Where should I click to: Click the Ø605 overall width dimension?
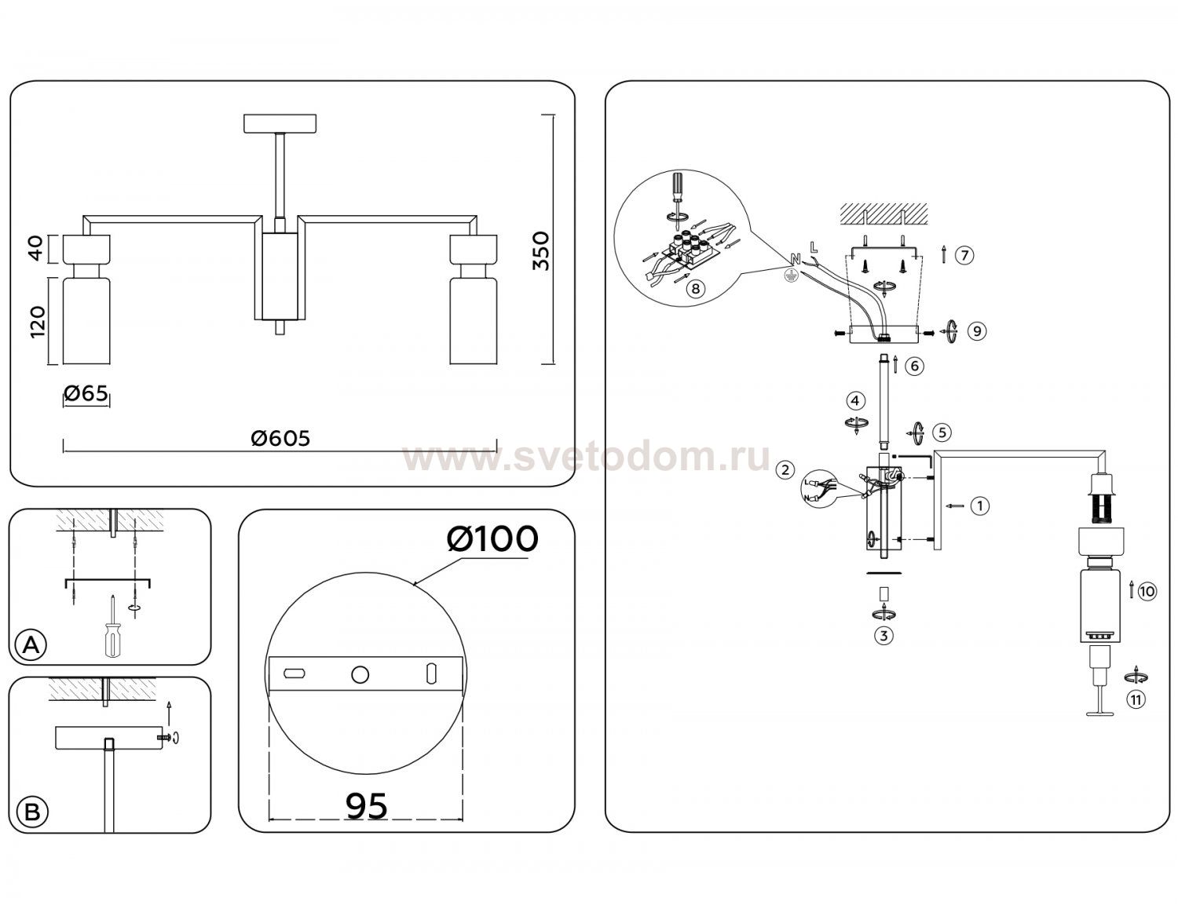click(x=280, y=438)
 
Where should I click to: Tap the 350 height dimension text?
click(x=540, y=251)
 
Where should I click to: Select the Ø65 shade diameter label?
click(x=86, y=392)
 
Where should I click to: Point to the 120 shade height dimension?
click(x=37, y=322)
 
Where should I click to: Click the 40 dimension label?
click(x=36, y=248)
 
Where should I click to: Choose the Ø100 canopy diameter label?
click(x=492, y=538)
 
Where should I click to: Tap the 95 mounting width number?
click(x=367, y=805)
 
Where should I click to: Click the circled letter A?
click(x=31, y=645)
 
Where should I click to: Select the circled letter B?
click(x=32, y=812)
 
